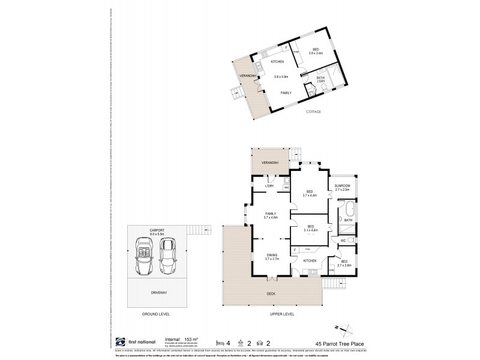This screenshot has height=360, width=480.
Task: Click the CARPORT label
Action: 157,229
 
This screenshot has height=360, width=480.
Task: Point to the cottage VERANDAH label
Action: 247,76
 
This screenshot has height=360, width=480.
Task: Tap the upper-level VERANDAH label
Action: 268,163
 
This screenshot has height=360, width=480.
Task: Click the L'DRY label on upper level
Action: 269,187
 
